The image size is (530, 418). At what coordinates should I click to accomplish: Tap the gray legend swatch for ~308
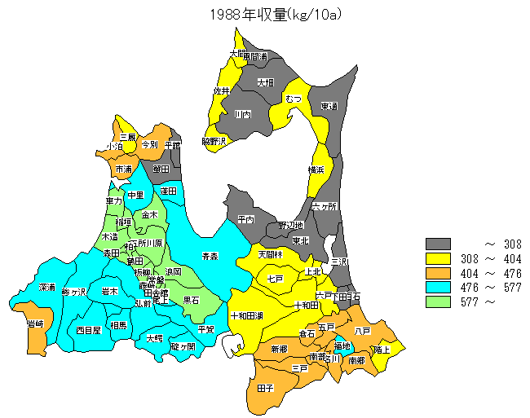[x=438, y=244]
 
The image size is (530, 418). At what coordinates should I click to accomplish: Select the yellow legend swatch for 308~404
[x=438, y=258]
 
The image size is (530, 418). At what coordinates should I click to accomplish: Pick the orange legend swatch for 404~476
[x=438, y=273]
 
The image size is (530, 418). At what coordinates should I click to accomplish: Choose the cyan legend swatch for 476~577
[x=438, y=288]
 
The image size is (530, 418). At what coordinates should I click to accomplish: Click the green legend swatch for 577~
[x=438, y=302]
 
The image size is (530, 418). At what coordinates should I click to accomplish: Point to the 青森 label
[x=210, y=256]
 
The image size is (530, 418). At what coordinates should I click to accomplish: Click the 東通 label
[x=329, y=107]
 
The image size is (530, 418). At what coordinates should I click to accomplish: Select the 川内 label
[x=242, y=115]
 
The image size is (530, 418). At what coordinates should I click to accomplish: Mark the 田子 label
[x=265, y=389]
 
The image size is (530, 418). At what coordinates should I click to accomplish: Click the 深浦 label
[x=47, y=288]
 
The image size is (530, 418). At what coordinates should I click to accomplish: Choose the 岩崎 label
[x=35, y=324]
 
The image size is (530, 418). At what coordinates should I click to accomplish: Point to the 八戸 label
[x=363, y=331]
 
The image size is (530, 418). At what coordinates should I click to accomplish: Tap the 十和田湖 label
[x=245, y=315]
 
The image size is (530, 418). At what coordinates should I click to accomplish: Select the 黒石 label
[x=192, y=300]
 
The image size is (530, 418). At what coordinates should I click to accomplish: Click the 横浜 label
[x=316, y=169]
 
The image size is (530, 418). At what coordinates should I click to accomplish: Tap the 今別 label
[x=149, y=144]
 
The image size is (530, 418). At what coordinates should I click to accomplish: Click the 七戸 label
[x=275, y=279]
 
